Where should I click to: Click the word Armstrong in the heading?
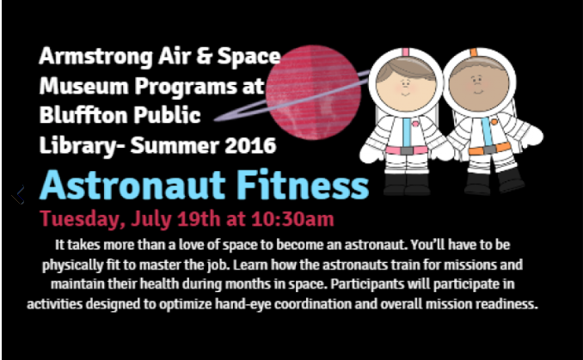pos(95,58)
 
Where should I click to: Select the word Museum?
pos(83,86)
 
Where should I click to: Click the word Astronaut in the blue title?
pos(132,185)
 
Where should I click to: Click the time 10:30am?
pos(292,218)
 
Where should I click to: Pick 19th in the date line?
pos(199,218)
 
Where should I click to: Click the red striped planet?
pos(313,93)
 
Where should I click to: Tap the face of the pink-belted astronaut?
pos(406,86)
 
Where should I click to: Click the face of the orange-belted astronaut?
pos(479,86)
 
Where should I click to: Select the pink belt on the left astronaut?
pos(407,150)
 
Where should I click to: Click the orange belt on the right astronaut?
pos(489,149)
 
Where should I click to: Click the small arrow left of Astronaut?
pos(18,194)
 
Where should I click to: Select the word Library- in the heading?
pos(82,146)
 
